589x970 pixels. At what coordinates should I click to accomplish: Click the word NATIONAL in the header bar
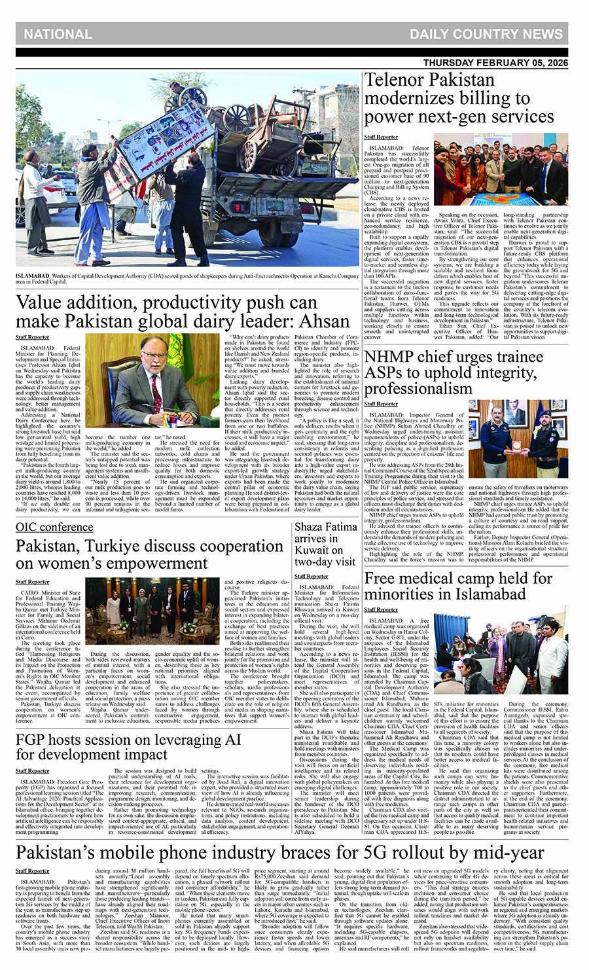click(x=58, y=34)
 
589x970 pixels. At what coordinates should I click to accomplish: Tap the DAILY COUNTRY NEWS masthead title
click(x=486, y=34)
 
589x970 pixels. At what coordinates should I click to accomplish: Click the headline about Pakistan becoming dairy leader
click(x=183, y=312)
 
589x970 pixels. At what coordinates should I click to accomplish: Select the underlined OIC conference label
click(x=54, y=527)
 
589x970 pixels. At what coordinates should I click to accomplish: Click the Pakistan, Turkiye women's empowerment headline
click(x=149, y=554)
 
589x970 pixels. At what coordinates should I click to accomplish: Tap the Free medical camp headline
click(x=458, y=586)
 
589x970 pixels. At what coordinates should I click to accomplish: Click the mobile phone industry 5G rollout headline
click(x=279, y=852)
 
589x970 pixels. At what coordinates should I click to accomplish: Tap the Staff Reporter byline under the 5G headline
click(x=33, y=871)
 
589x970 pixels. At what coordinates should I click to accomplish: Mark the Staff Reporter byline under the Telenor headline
click(x=381, y=137)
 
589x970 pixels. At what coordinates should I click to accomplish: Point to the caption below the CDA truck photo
click(x=187, y=279)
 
